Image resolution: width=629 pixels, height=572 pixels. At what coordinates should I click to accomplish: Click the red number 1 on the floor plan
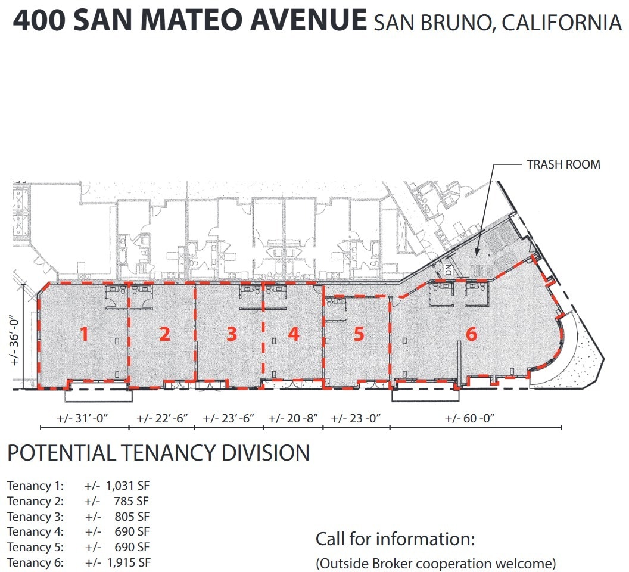(85, 334)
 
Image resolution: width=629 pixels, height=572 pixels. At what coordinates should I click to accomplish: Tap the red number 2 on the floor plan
(165, 334)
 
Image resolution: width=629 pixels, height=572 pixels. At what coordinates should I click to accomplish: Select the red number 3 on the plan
(232, 334)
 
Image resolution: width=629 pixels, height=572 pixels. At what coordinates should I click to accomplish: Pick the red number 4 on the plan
(293, 334)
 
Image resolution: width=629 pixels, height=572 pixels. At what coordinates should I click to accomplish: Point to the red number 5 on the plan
(359, 334)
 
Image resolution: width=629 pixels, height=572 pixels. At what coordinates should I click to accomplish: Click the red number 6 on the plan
(471, 334)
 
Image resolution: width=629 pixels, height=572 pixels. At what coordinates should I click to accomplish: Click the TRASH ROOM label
(563, 164)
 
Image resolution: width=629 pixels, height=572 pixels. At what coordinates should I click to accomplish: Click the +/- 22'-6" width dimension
(163, 418)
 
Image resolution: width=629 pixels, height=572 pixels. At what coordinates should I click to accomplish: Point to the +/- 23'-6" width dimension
(229, 418)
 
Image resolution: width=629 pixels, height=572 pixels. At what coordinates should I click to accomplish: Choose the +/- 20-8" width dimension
(292, 418)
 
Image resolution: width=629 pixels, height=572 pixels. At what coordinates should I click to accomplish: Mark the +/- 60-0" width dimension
(470, 418)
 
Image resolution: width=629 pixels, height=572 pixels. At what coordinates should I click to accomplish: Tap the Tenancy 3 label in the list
(35, 516)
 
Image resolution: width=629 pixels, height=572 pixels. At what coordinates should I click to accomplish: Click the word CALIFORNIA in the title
(562, 23)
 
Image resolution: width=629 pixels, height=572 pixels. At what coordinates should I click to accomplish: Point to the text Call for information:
(395, 540)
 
